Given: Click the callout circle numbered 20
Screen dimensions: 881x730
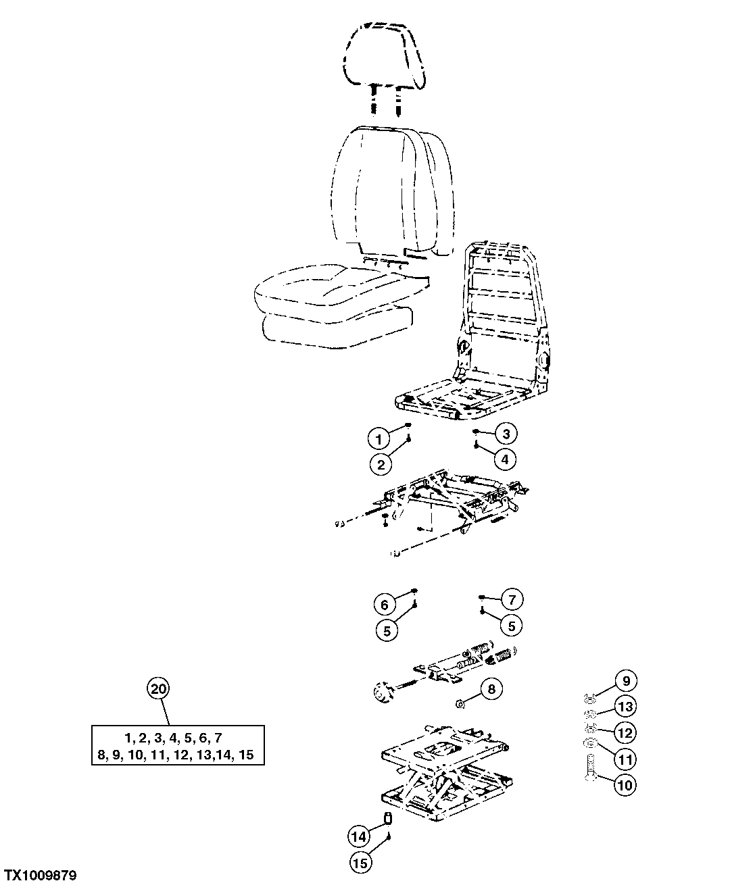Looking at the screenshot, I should (x=157, y=689).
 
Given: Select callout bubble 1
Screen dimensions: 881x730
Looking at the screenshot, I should (x=379, y=439).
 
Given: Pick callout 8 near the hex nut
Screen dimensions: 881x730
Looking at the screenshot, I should (x=491, y=689).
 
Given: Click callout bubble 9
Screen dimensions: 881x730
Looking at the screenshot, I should (x=626, y=681).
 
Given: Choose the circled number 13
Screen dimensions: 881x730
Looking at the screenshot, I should (x=626, y=707).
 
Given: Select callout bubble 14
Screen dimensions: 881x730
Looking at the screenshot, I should (x=360, y=836).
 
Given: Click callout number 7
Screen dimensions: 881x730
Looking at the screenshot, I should (x=512, y=599).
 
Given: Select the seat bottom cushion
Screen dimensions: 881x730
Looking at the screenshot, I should (x=331, y=311).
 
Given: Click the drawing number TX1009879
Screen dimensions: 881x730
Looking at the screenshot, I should (x=40, y=875).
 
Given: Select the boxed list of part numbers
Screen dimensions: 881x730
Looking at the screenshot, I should (x=178, y=745).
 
